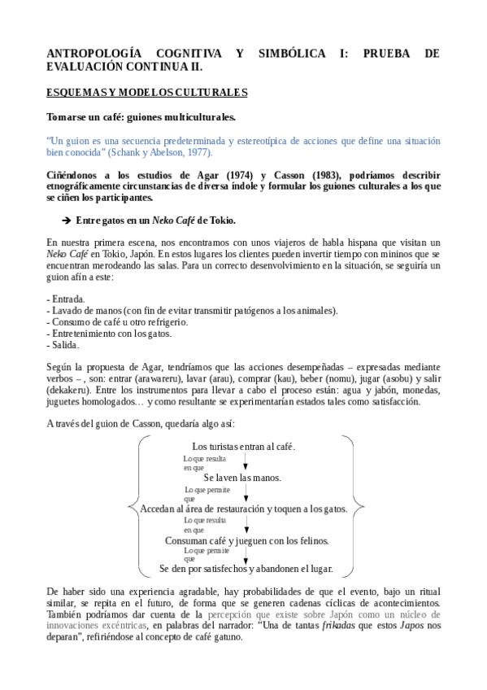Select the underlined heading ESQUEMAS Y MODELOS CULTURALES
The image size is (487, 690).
pyautogui.click(x=147, y=93)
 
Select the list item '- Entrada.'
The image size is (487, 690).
pyautogui.click(x=67, y=299)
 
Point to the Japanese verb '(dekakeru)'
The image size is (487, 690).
pyautogui.click(x=71, y=390)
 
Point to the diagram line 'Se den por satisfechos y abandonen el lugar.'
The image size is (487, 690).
pyautogui.click(x=246, y=569)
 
